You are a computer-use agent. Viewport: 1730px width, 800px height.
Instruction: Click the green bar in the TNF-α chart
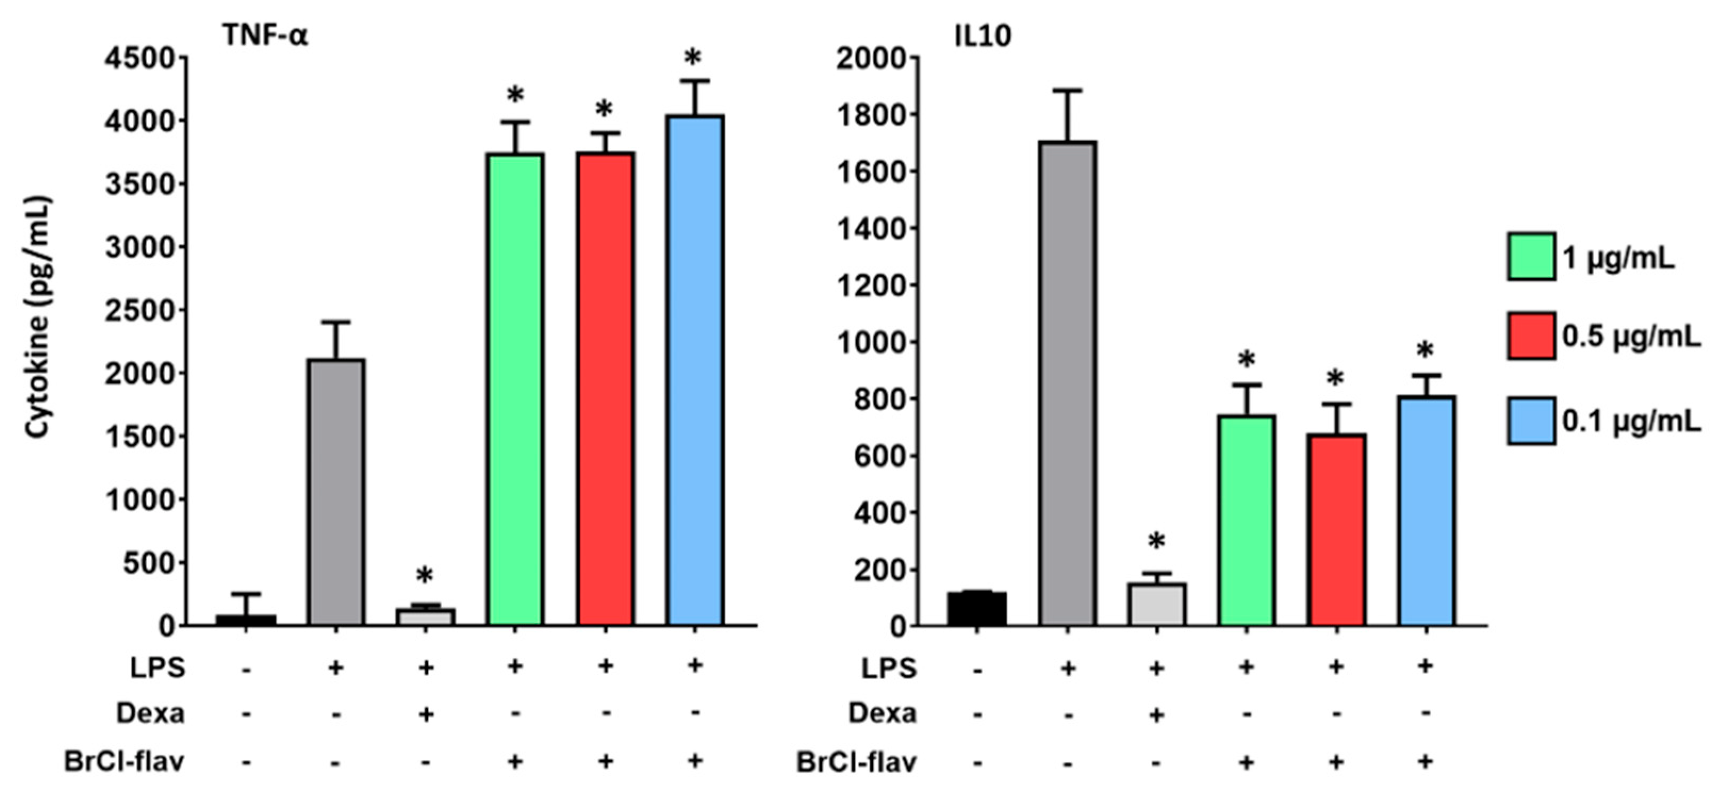pyautogui.click(x=515, y=389)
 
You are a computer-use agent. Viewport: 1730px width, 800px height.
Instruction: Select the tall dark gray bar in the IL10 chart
pyautogui.click(x=1068, y=382)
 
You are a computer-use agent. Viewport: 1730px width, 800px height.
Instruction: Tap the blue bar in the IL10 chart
pyautogui.click(x=1426, y=510)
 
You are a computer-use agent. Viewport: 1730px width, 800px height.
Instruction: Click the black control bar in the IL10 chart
pyautogui.click(x=977, y=608)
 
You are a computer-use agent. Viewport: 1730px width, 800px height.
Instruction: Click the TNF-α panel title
pyautogui.click(x=265, y=35)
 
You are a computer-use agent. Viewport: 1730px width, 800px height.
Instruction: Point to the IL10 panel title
pyautogui.click(x=983, y=36)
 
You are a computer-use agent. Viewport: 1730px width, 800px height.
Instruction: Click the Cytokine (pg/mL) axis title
pyautogui.click(x=38, y=317)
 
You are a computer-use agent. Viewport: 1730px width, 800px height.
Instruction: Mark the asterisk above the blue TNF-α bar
pyautogui.click(x=693, y=59)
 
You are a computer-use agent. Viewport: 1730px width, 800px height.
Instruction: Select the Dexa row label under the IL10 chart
pyautogui.click(x=882, y=713)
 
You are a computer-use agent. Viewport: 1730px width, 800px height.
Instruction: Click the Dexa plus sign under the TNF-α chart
pyautogui.click(x=425, y=714)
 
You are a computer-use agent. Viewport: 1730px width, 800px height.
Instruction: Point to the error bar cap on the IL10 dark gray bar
pyautogui.click(x=1068, y=90)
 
